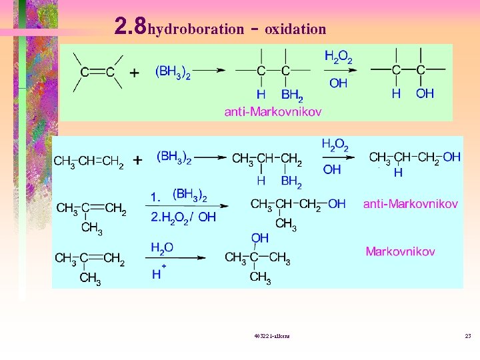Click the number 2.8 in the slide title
coord(130,26)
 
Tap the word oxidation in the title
coord(295,29)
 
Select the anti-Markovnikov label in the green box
coord(273,111)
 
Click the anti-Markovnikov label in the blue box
coord(410,203)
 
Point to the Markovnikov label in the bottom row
coord(400,251)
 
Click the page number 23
coord(468,335)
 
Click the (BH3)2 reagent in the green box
coord(173,71)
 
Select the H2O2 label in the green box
coord(338,57)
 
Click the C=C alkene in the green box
coord(97,72)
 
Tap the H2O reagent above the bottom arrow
coord(161,247)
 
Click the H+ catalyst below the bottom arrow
coord(159,273)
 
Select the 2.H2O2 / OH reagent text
coord(183,217)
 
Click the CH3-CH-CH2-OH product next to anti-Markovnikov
coord(298,204)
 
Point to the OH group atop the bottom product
coord(260,237)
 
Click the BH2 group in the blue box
coord(291,181)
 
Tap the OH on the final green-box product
coord(425,94)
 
